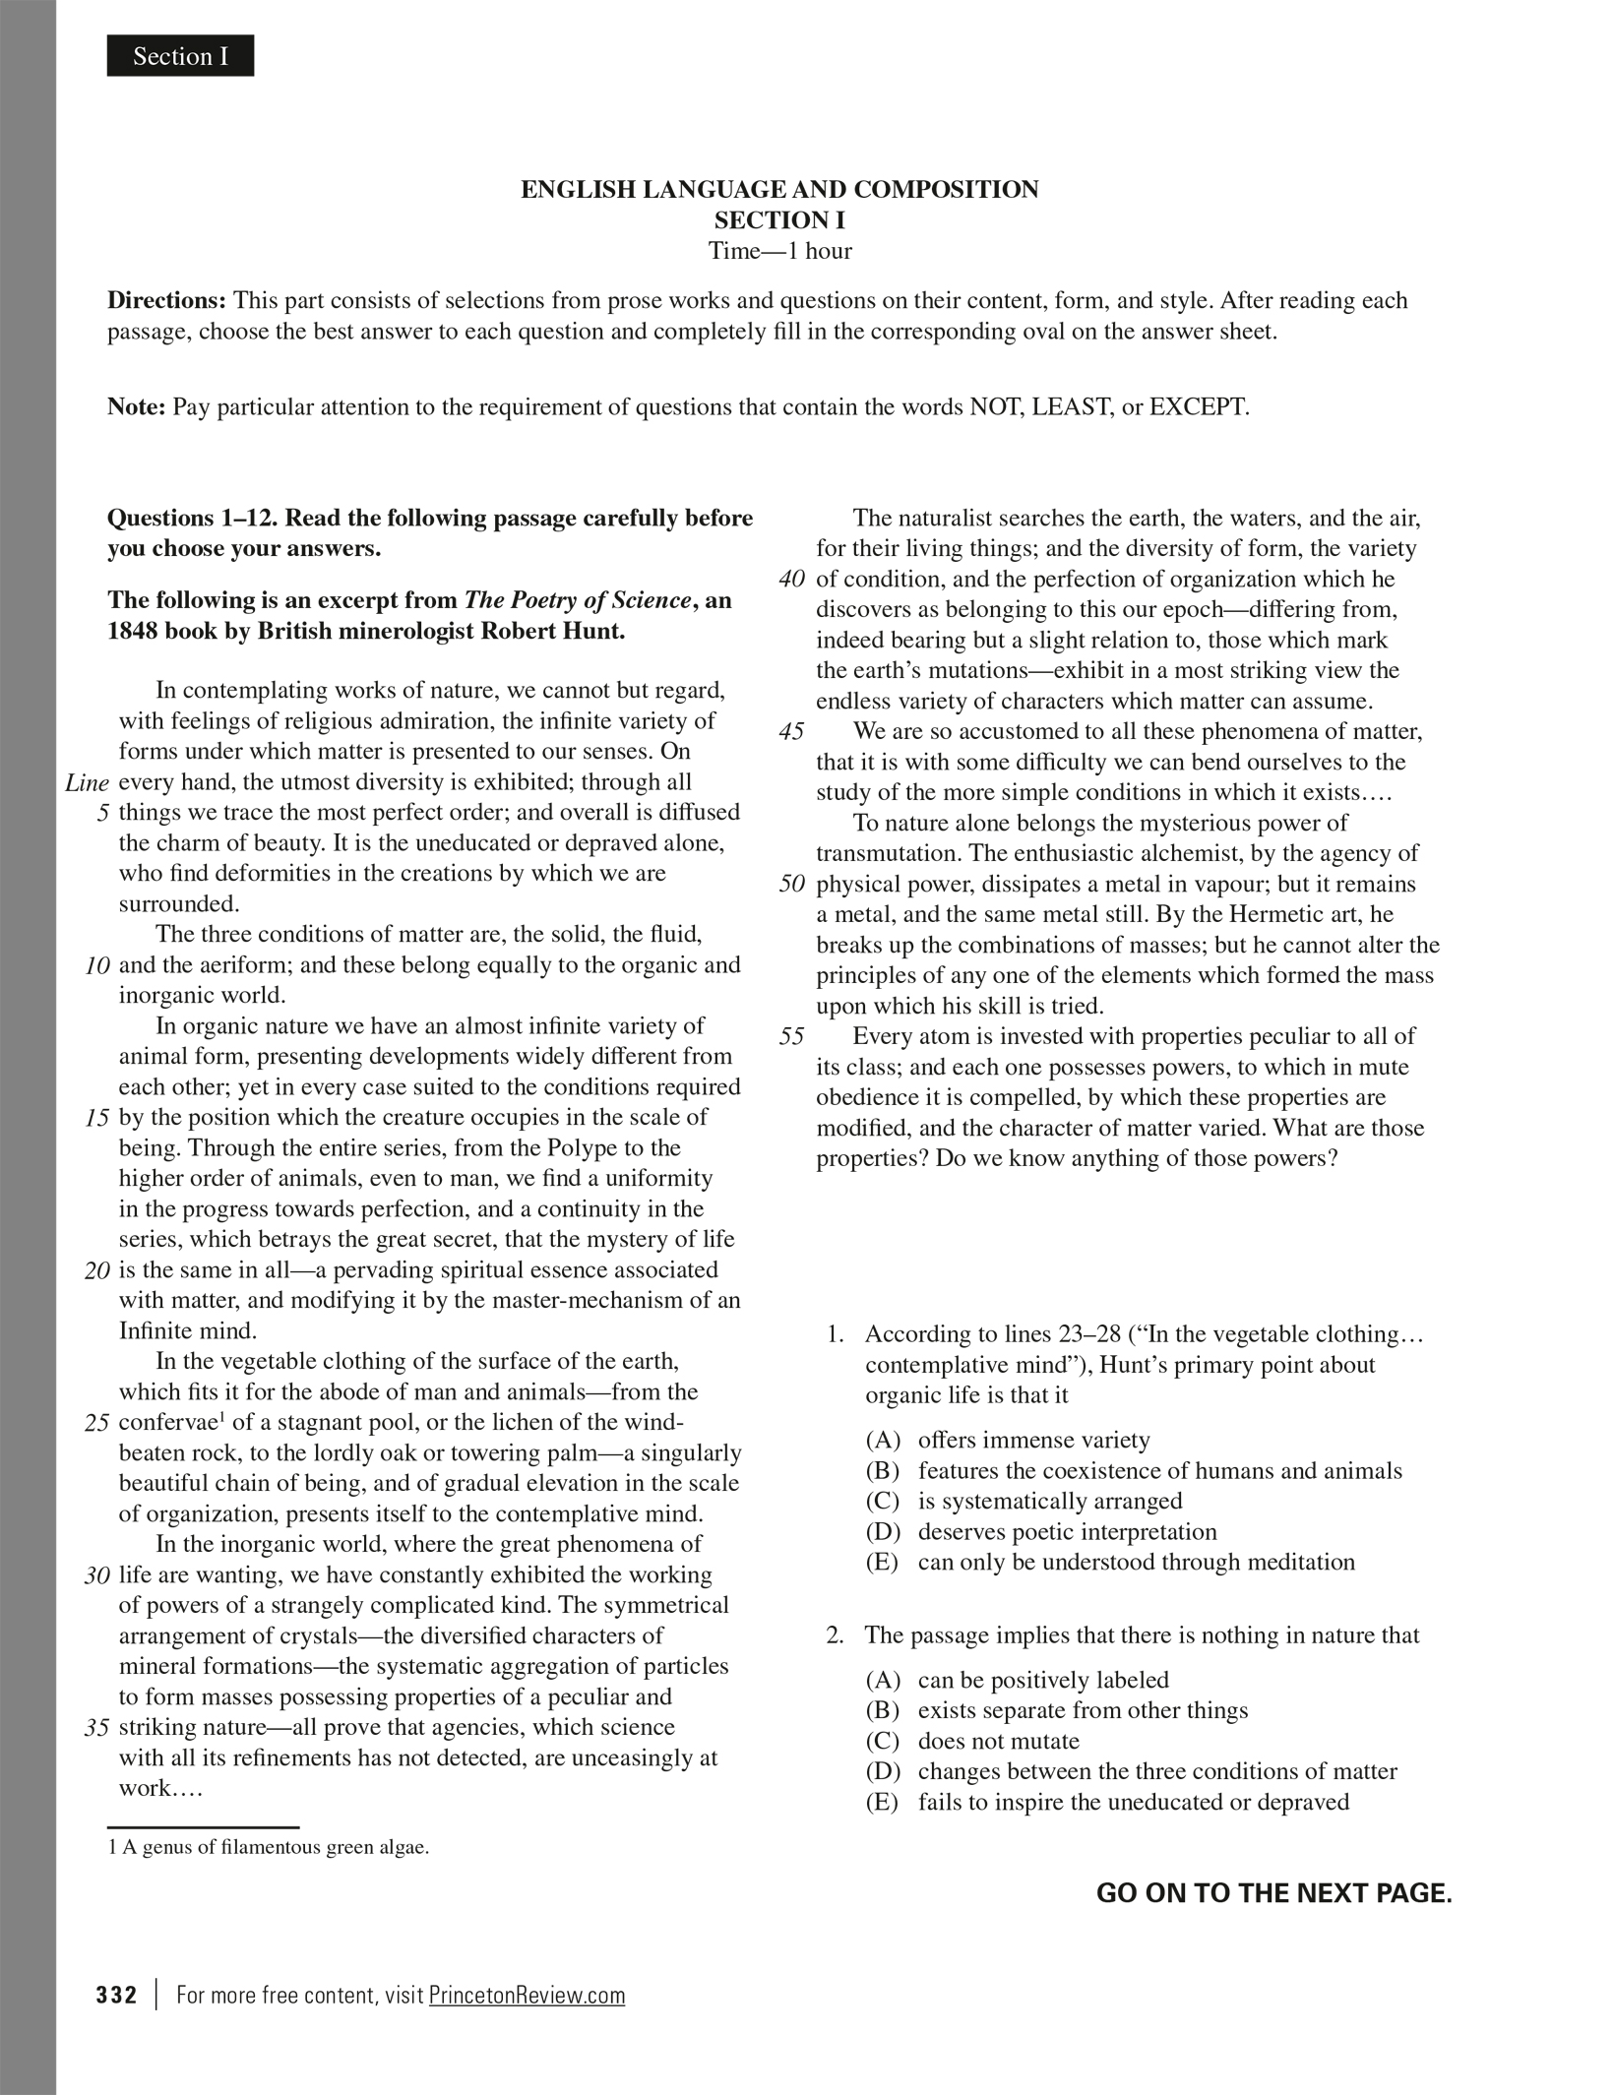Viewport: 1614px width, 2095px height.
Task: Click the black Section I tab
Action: click(180, 56)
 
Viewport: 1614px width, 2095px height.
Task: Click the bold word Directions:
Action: click(166, 300)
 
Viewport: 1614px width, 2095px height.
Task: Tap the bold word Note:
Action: click(137, 407)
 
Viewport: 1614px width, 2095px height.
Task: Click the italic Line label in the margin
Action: click(87, 783)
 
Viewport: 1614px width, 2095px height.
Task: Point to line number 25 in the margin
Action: click(96, 1424)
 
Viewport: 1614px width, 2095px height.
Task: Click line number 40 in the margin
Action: click(791, 580)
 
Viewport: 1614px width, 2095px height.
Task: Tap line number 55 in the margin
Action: click(791, 1037)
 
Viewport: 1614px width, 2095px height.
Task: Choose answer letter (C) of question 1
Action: click(883, 1502)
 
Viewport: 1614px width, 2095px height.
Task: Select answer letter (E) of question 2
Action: click(883, 1803)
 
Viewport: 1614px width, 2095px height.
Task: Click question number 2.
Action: click(835, 1635)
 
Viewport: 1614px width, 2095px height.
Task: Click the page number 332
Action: click(116, 1996)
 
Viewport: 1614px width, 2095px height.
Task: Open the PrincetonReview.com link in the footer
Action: click(527, 1996)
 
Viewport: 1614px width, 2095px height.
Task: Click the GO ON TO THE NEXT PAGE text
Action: click(1273, 1893)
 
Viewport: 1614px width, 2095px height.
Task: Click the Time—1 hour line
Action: click(779, 251)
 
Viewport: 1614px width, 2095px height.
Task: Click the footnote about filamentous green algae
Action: click(269, 1847)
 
